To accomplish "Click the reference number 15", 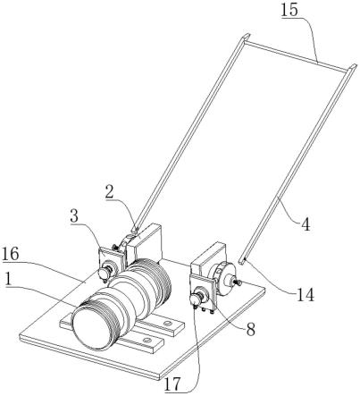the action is coord(289,10).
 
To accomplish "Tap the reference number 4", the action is coord(305,224).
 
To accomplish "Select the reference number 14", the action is coord(305,295).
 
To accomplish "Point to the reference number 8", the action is coord(250,329).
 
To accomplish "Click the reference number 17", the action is coord(172,383).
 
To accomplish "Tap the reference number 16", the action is coord(11,254).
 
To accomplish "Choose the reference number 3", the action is coord(74,216).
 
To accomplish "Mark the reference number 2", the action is coord(109,193).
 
